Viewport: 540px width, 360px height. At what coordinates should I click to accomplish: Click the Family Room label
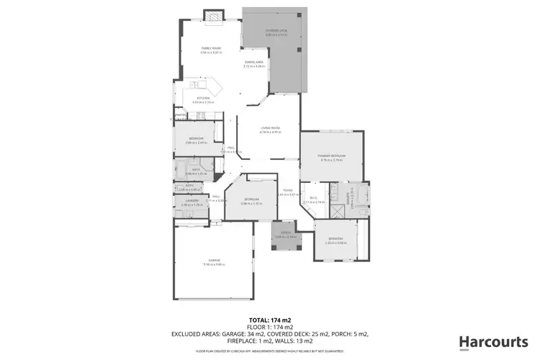[x=210, y=49]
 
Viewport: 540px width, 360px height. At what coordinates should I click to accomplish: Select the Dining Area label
[x=253, y=63]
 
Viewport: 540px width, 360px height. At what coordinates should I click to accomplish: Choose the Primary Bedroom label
[x=332, y=156]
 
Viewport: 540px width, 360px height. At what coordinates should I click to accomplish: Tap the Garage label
[x=215, y=260]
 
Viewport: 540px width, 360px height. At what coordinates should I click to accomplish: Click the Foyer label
[x=287, y=190]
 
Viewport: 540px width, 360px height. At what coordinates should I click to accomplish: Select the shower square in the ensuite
[x=335, y=212]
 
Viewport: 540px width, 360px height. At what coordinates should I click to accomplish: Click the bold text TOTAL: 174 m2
[x=270, y=319]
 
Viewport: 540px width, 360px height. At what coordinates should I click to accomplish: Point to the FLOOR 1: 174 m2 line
[x=270, y=326]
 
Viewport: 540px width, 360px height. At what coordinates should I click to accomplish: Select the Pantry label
[x=180, y=114]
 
